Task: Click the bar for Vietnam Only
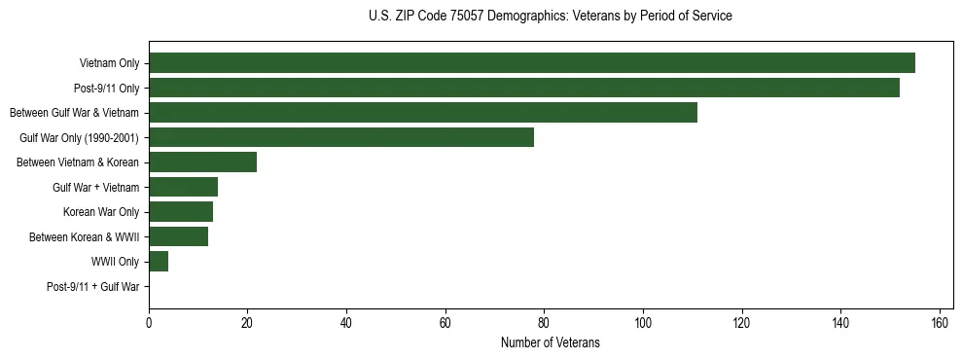(531, 63)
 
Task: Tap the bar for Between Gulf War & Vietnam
(422, 113)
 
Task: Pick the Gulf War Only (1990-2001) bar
(340, 137)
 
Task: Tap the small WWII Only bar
(159, 262)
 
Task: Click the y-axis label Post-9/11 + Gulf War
(92, 287)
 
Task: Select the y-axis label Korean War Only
(101, 212)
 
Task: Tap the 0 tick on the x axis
(149, 324)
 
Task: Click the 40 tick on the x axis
(346, 324)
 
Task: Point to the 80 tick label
(544, 324)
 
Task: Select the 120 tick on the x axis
(742, 324)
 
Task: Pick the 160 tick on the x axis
(940, 324)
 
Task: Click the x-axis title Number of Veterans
(550, 343)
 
